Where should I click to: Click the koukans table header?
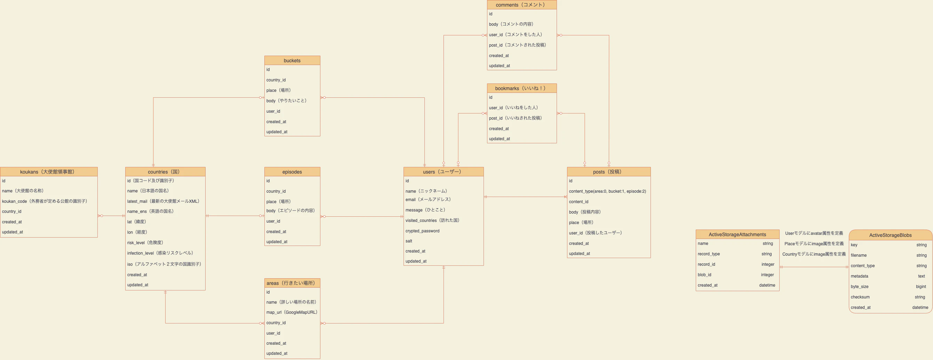point(49,172)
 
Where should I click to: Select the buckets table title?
point(292,61)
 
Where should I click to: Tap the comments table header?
point(521,5)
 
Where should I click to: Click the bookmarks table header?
point(521,88)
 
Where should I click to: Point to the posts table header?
point(608,172)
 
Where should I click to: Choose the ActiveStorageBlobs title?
point(890,235)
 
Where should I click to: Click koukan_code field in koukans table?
point(45,201)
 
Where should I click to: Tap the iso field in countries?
point(164,264)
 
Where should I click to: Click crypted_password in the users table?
point(422,231)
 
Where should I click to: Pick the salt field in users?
point(408,241)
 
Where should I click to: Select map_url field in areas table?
point(292,312)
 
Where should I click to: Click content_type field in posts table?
point(607,191)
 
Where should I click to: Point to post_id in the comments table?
point(518,45)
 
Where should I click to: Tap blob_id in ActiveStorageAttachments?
point(704,275)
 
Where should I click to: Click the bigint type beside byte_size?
point(921,287)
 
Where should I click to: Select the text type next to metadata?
point(922,276)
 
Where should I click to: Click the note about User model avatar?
point(814,233)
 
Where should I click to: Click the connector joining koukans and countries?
point(112,216)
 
